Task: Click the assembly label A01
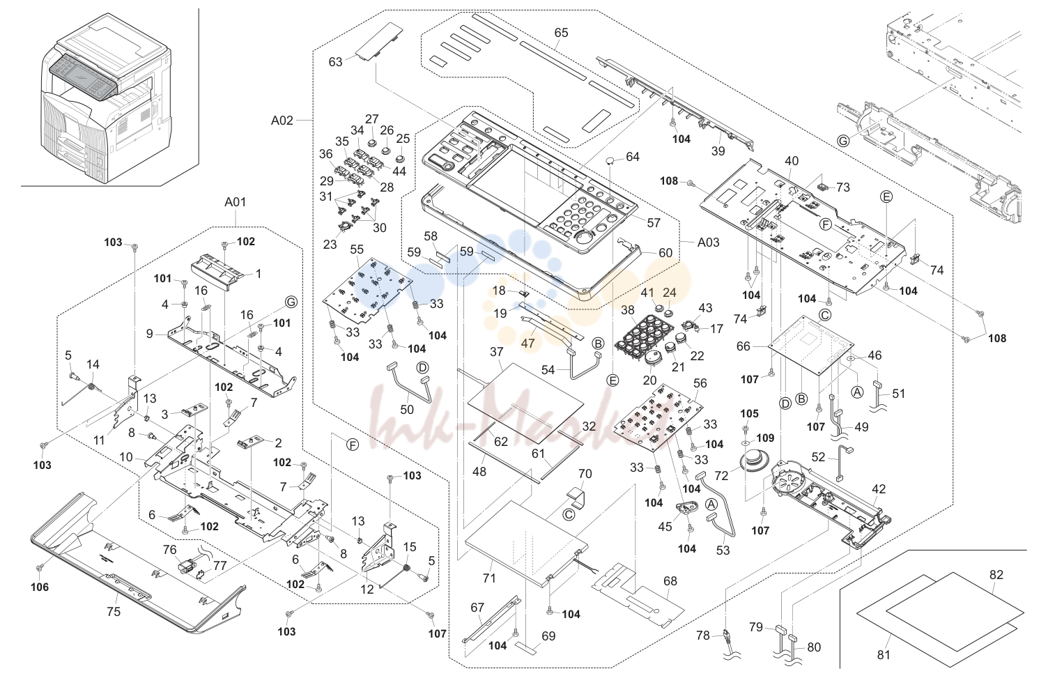[236, 202]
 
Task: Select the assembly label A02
[282, 121]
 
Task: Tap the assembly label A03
[709, 242]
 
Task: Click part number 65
[561, 33]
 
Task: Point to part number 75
[114, 612]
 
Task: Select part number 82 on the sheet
[996, 575]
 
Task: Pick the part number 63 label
[335, 62]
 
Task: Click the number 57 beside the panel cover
[654, 223]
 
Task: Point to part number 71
[489, 578]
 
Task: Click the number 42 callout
[879, 489]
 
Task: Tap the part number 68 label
[670, 581]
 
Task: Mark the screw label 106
[40, 587]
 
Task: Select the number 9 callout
[149, 334]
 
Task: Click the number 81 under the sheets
[884, 655]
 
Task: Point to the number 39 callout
[718, 151]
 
